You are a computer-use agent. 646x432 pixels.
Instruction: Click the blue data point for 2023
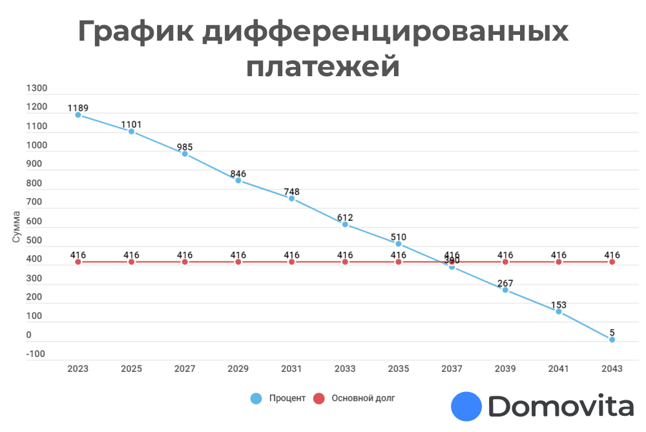[x=78, y=115]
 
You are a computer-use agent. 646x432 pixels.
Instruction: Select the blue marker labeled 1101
[x=131, y=132]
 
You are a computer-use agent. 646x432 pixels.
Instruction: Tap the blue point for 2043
[x=612, y=340]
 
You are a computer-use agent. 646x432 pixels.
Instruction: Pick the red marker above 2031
[x=291, y=262]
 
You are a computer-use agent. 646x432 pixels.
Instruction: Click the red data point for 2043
[x=612, y=262]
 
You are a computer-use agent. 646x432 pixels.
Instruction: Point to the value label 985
[x=185, y=147]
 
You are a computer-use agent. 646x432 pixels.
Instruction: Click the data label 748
[x=291, y=192]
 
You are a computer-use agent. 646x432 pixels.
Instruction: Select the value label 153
[x=558, y=305]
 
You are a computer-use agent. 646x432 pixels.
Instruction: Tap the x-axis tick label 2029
[x=238, y=369]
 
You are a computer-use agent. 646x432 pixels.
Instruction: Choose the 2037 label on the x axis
[x=452, y=369]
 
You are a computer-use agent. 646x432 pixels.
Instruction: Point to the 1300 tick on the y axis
[x=37, y=88]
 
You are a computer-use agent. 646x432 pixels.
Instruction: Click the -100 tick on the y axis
[x=35, y=354]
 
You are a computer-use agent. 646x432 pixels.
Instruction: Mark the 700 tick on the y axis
[x=34, y=202]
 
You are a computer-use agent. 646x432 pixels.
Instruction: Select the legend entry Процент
[x=287, y=398]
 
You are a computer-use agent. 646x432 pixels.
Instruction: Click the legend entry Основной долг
[x=362, y=398]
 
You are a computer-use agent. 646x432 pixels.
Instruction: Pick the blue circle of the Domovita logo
[x=466, y=407]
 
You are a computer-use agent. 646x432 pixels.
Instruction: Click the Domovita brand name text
[x=561, y=407]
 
